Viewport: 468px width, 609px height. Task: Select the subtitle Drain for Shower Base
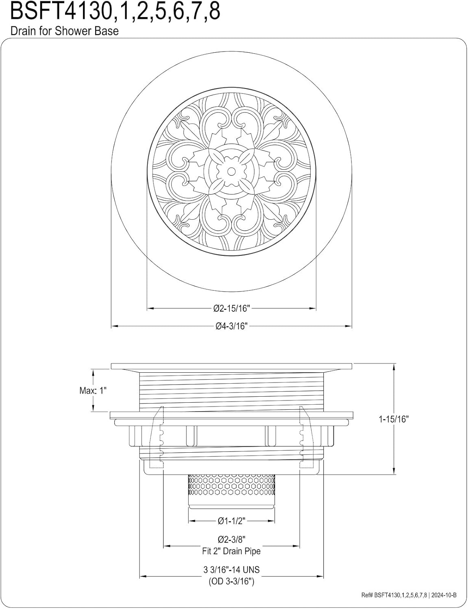(65, 31)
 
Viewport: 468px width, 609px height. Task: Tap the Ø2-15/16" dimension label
(231, 308)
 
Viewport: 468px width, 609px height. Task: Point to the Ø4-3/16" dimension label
(231, 326)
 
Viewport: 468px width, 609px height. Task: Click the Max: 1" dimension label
(93, 391)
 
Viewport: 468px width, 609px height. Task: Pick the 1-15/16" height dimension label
(394, 419)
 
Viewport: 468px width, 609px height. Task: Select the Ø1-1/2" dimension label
(231, 521)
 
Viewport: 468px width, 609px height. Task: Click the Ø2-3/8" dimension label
(231, 539)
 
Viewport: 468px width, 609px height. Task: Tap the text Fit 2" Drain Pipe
(231, 551)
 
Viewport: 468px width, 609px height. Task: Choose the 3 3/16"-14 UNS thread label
(231, 570)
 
